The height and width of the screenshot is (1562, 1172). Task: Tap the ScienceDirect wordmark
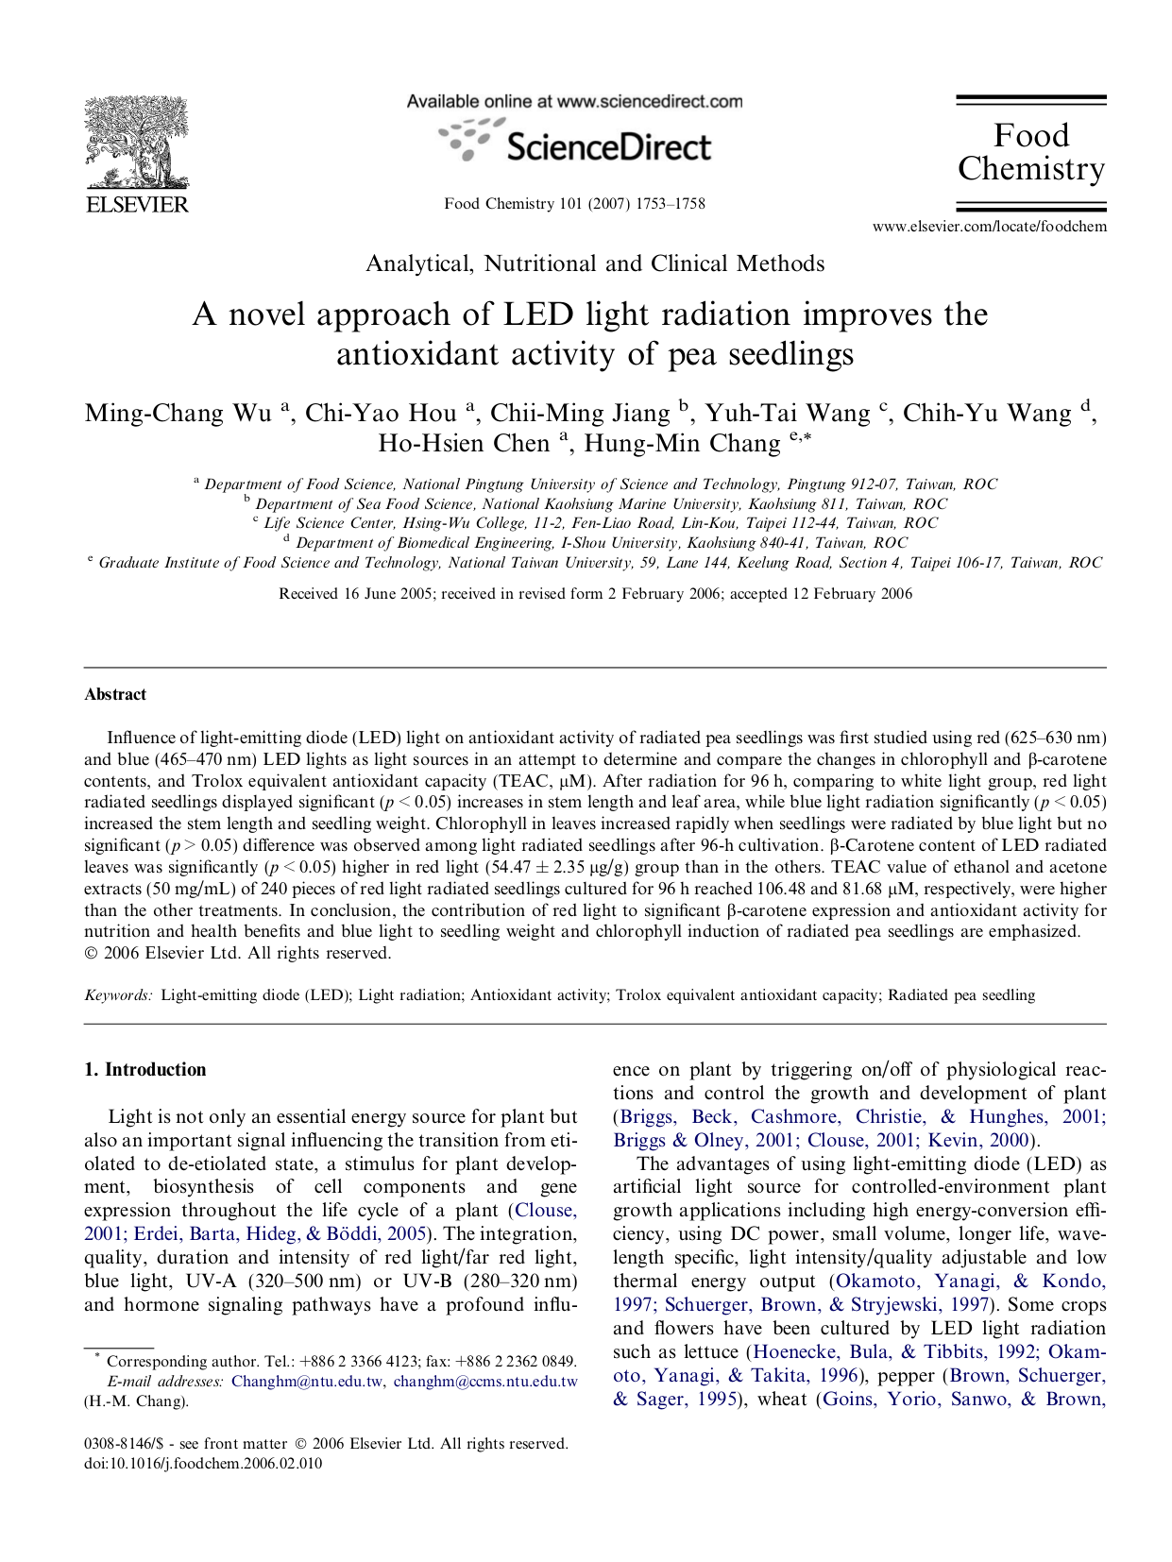(x=608, y=147)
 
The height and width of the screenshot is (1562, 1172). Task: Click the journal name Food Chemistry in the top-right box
(x=1030, y=152)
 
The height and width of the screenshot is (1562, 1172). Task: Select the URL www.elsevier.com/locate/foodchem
(x=989, y=227)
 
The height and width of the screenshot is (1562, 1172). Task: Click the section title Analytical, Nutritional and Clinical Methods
(x=595, y=263)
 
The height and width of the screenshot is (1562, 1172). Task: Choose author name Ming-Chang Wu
(x=178, y=413)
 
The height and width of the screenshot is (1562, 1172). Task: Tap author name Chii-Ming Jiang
(x=580, y=413)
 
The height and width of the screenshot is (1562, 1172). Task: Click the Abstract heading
(x=115, y=694)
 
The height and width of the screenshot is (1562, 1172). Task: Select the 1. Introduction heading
(x=144, y=1069)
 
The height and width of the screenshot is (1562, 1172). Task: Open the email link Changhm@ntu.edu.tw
(x=307, y=1381)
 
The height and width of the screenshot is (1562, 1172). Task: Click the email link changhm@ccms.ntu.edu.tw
(x=485, y=1381)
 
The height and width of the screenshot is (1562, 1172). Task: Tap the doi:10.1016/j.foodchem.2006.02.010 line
(x=203, y=1463)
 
